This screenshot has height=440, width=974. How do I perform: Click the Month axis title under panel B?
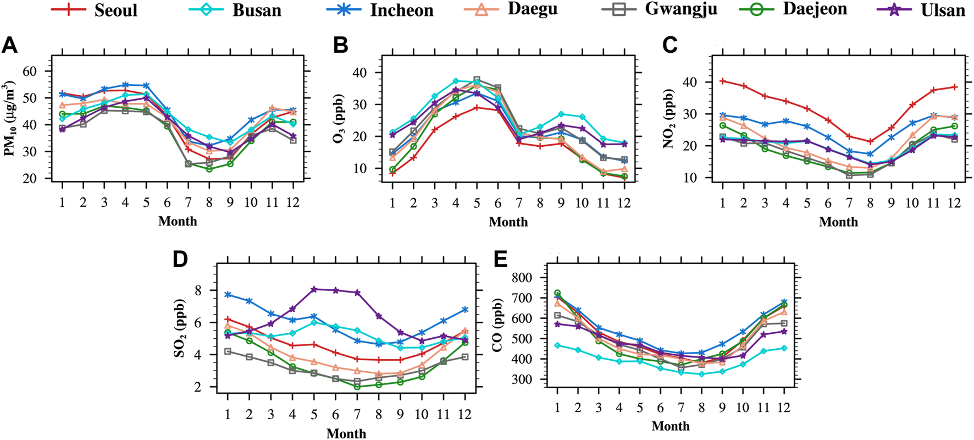508,222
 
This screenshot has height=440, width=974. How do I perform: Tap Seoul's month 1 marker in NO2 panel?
723,81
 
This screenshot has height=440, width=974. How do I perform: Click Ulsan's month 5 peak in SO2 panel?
314,289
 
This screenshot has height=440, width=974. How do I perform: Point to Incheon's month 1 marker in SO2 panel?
228,294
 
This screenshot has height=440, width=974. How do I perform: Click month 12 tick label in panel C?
954,204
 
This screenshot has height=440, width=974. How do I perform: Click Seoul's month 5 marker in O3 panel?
477,107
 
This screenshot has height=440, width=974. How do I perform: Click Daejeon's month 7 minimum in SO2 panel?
357,386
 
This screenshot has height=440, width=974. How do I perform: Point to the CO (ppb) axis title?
499,328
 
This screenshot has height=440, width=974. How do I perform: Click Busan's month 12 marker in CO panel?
784,348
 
